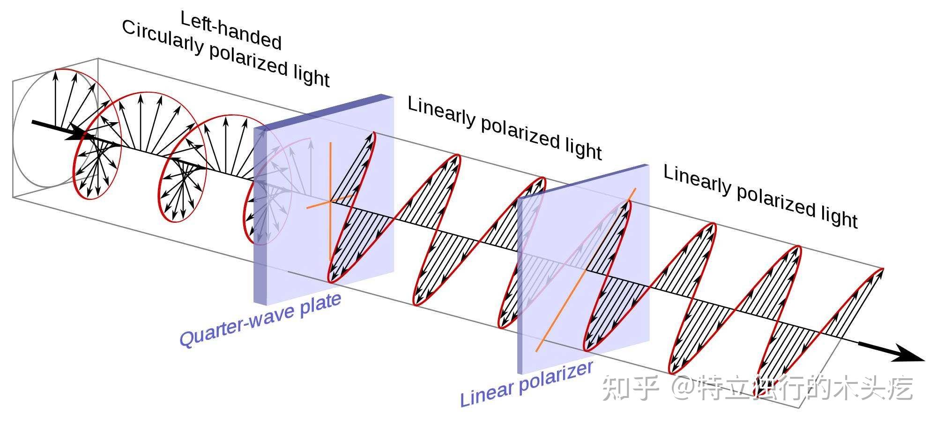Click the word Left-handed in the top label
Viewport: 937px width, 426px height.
coord(231,30)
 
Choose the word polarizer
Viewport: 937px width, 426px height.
coord(556,376)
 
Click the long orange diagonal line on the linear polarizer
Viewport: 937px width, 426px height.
coord(586,270)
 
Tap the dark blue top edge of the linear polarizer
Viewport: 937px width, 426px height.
coord(583,181)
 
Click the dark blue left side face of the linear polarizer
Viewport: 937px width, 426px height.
coord(520,286)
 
